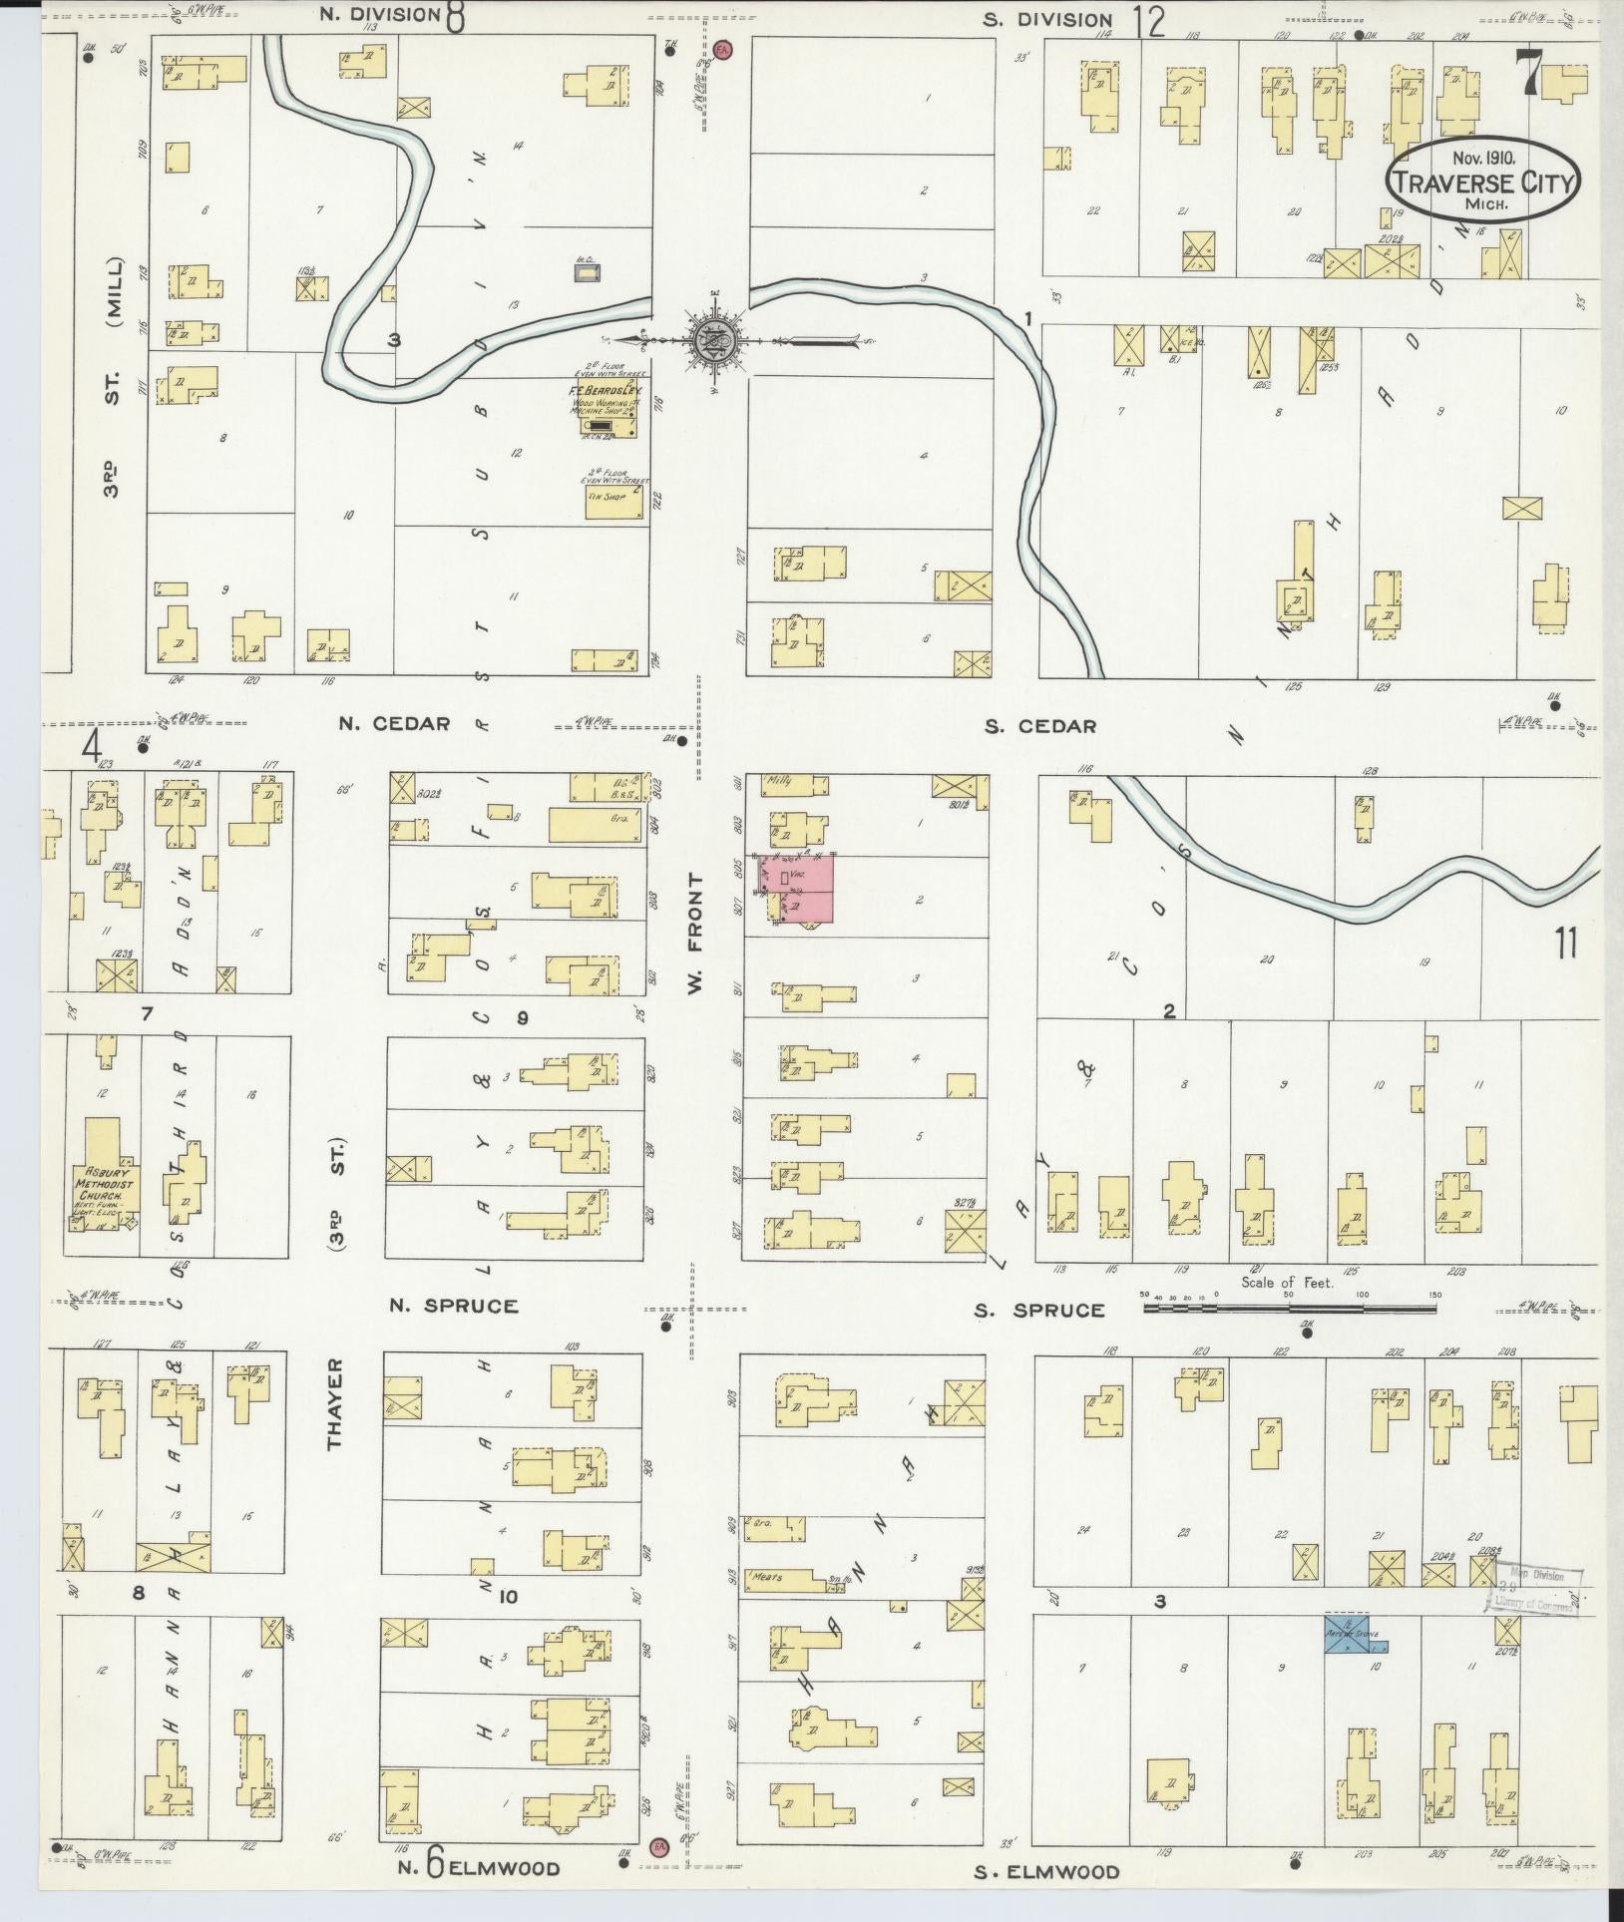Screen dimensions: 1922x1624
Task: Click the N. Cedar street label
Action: coord(393,723)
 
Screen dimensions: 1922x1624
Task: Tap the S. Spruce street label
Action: coord(1040,1310)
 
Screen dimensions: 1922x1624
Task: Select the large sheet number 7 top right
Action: coord(1526,72)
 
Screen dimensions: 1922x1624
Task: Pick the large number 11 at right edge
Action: coord(1565,942)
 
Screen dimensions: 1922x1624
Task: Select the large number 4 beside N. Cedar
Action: coord(94,746)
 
